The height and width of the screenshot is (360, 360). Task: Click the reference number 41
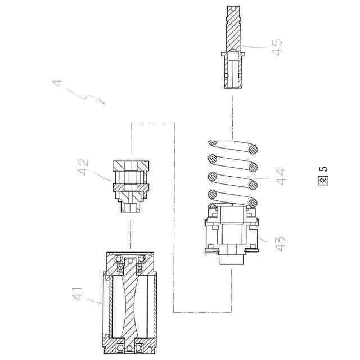tap(77, 294)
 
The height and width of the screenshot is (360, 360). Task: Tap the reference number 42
tap(83, 166)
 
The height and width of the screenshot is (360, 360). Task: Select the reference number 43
tap(280, 244)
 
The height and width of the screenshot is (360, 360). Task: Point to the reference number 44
tap(280, 177)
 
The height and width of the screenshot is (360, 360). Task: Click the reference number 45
tap(277, 47)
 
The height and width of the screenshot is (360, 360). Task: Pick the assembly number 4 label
tap(57, 83)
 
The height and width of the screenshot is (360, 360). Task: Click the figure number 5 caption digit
tap(323, 169)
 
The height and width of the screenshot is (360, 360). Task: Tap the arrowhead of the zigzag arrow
tap(104, 102)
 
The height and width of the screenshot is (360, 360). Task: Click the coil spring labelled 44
tap(232, 173)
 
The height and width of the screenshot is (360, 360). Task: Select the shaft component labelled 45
tap(233, 47)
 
